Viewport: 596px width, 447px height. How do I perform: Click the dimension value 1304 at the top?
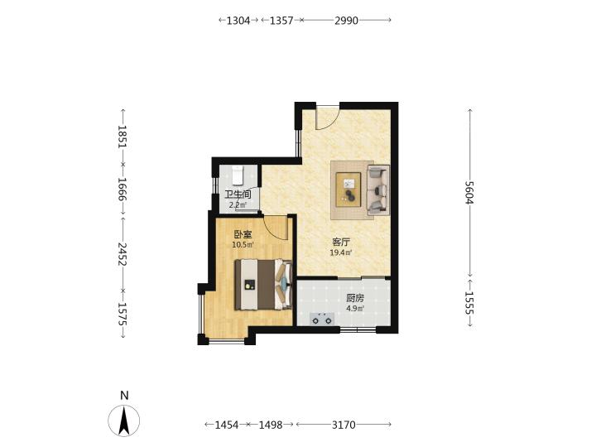[x=238, y=20]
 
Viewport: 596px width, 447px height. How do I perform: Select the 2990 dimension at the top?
[x=346, y=20]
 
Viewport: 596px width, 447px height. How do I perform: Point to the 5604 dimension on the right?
[x=470, y=192]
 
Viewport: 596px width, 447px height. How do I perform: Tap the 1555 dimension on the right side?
[x=470, y=303]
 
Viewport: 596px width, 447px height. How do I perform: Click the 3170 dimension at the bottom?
[x=344, y=425]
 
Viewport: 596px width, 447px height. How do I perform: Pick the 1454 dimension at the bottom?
[x=227, y=425]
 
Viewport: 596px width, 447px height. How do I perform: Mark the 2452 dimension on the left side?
[x=122, y=254]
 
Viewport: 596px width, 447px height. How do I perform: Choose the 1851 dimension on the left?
[x=122, y=137]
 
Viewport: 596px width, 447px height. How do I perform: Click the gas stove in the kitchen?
[x=322, y=319]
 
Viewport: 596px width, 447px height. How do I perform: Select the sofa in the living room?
[x=377, y=190]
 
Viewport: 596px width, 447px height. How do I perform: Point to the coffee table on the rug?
[x=348, y=190]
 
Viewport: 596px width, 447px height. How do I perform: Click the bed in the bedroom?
[x=263, y=284]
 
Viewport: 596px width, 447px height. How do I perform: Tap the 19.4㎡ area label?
[x=341, y=252]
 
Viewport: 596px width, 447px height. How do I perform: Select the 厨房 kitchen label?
[x=355, y=298]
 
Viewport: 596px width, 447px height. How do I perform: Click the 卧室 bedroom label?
[x=243, y=234]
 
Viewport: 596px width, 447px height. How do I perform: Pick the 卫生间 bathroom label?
[x=238, y=195]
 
